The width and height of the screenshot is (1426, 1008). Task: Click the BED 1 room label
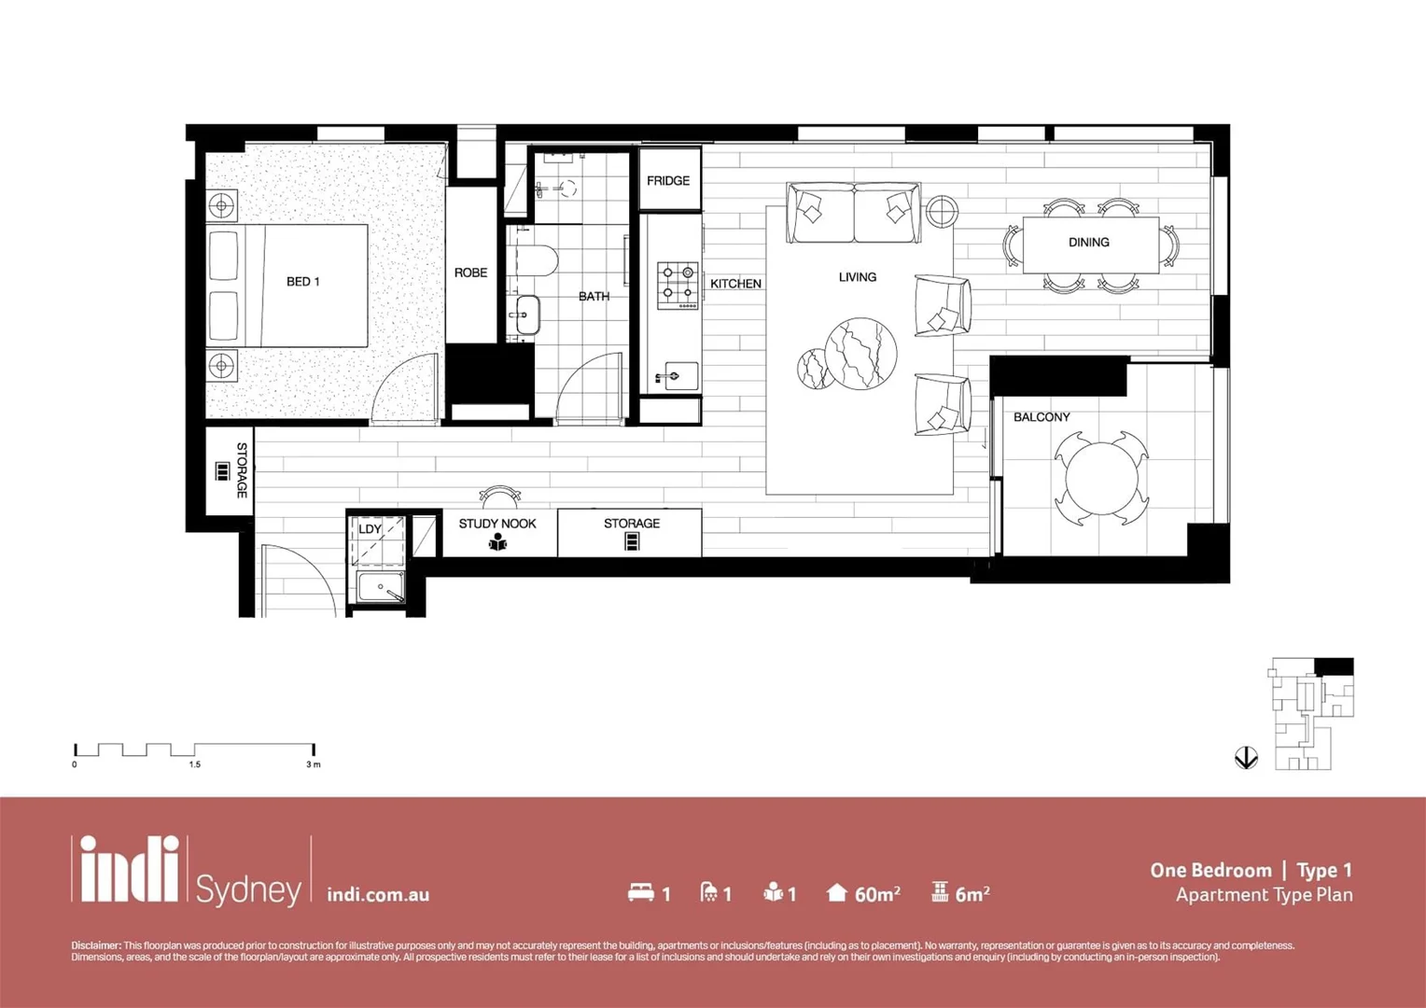(x=302, y=281)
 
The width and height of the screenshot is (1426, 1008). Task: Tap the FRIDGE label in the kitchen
(x=668, y=180)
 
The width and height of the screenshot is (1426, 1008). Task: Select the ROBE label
(x=470, y=273)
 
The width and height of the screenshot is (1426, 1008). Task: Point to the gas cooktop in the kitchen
(x=678, y=286)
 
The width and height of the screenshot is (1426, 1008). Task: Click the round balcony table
(x=1101, y=478)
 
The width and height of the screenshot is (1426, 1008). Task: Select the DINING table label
(x=1088, y=242)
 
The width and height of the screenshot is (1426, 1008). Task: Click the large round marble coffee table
(x=860, y=353)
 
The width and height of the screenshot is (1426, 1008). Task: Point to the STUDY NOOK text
(x=497, y=524)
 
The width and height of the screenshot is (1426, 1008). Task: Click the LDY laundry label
(x=370, y=528)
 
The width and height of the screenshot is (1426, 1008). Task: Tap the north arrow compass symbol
(x=1246, y=757)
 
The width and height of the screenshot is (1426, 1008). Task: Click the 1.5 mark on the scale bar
(x=194, y=764)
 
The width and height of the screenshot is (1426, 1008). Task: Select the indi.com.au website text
(x=378, y=894)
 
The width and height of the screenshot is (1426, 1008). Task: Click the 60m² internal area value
(x=876, y=894)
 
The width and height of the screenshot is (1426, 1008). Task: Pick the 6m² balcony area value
(x=972, y=894)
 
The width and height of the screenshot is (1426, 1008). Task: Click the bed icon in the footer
(x=640, y=892)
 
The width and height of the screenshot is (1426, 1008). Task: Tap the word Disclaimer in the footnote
(x=96, y=945)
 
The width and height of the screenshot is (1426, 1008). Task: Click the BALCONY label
(x=1042, y=417)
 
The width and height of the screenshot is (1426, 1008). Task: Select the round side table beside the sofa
(x=942, y=211)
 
